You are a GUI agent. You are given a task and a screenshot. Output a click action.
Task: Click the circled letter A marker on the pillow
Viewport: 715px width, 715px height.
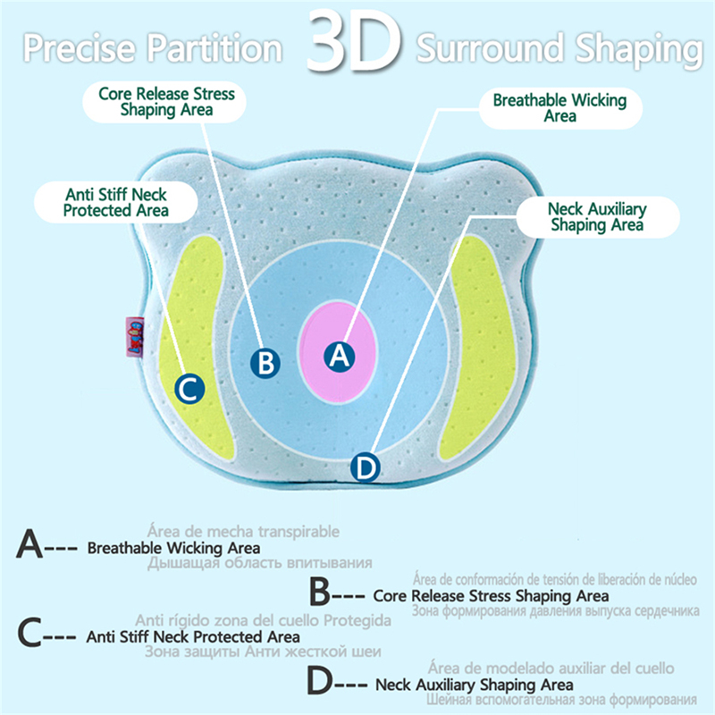point(339,356)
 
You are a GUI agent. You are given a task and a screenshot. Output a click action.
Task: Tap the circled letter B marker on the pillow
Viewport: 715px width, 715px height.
point(265,362)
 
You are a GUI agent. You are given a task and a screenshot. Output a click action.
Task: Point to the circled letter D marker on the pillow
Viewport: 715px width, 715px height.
point(366,467)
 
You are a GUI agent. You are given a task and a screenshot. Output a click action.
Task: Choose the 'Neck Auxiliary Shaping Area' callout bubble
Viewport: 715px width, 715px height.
point(596,217)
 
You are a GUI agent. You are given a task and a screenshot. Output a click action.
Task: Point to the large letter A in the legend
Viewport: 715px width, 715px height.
point(29,545)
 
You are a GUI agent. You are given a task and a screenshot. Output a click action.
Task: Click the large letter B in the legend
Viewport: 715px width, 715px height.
point(321,593)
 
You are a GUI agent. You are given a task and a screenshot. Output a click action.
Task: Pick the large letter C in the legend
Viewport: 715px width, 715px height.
point(29,635)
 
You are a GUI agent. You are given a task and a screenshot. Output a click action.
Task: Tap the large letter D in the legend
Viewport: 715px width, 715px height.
point(321,682)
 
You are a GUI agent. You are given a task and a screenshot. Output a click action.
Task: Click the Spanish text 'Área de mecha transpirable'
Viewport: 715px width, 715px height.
point(243,531)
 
